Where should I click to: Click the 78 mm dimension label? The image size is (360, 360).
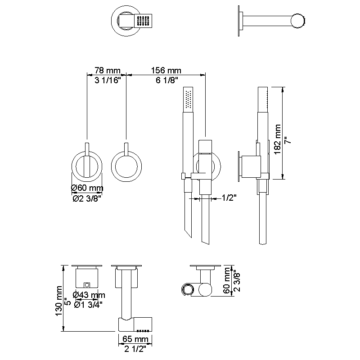[107, 71]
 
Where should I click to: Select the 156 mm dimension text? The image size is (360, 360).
[166, 71]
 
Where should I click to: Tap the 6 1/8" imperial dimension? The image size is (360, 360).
[166, 80]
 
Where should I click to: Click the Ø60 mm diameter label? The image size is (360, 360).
[87, 188]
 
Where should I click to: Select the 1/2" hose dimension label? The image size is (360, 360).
[229, 198]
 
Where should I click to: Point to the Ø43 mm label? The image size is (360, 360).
[89, 295]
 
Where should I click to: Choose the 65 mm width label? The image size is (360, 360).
[135, 338]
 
